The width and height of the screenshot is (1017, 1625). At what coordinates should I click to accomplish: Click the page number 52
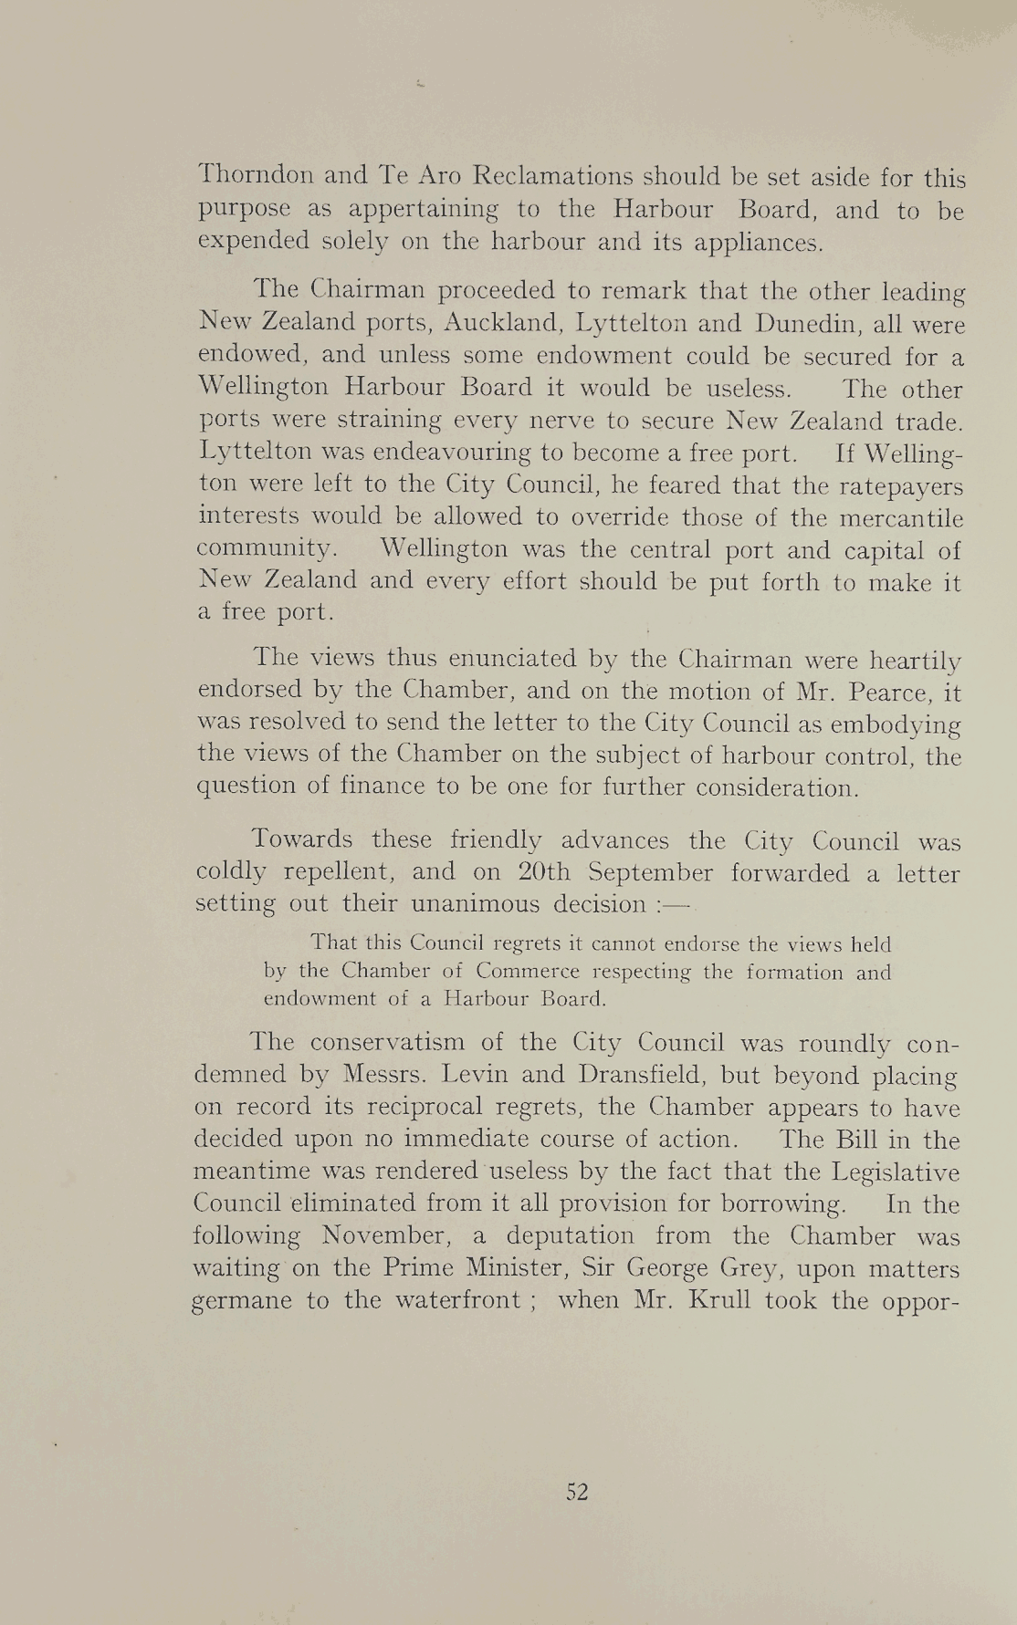577,1492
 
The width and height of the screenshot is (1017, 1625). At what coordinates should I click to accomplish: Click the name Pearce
889,693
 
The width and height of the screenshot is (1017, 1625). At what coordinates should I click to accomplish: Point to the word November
388,1236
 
